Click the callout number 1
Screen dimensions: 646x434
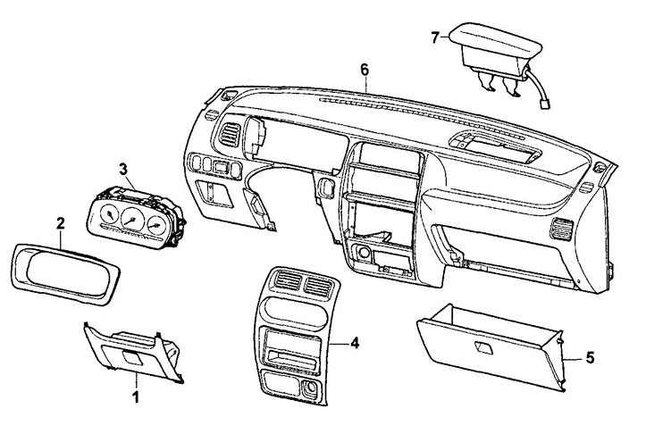pos(136,397)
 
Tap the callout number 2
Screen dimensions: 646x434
pos(61,223)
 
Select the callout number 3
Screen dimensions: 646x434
pos(123,169)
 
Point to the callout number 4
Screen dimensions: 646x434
pos(355,342)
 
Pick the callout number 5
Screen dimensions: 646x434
pos(590,358)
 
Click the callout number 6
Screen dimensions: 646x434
pos(365,70)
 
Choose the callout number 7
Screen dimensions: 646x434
pos(435,38)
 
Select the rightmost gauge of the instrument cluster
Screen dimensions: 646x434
pos(156,225)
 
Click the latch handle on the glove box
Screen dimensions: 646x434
pos(483,348)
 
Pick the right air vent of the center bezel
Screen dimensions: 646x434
pos(318,286)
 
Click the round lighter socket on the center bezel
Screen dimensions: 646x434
pos(310,388)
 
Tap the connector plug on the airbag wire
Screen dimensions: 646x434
pos(544,104)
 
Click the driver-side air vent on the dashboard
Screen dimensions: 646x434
pos(229,135)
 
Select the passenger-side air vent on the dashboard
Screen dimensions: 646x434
pos(561,229)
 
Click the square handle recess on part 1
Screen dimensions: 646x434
pos(132,356)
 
